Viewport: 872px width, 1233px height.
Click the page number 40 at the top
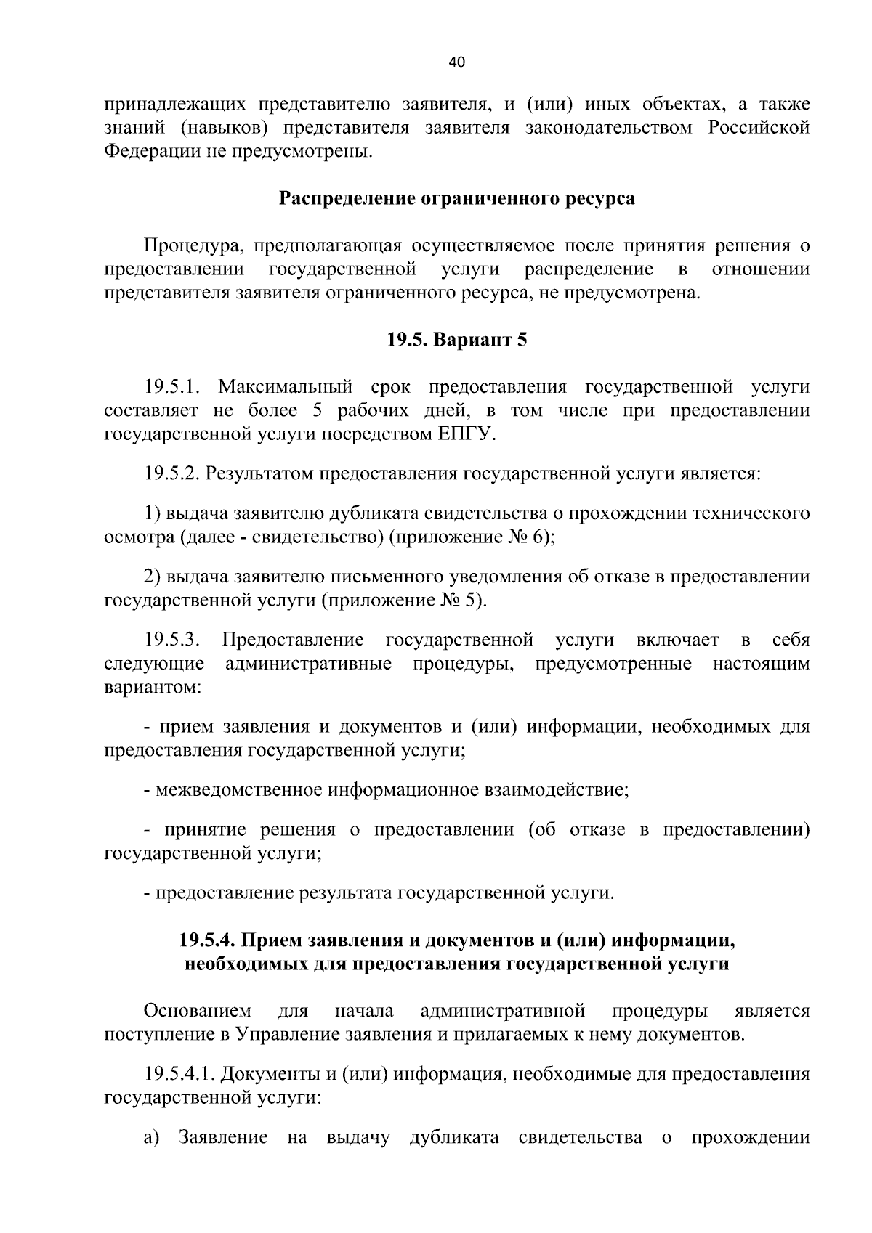[x=457, y=62]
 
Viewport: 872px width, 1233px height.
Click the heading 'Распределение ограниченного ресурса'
[x=457, y=199]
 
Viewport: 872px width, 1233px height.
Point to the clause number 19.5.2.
[x=172, y=474]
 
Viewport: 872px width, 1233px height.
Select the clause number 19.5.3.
[x=172, y=640]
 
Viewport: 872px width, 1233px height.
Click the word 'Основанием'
[x=197, y=1011]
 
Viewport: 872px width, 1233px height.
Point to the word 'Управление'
[x=283, y=1034]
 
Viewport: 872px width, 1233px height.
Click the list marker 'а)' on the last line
[x=151, y=1137]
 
